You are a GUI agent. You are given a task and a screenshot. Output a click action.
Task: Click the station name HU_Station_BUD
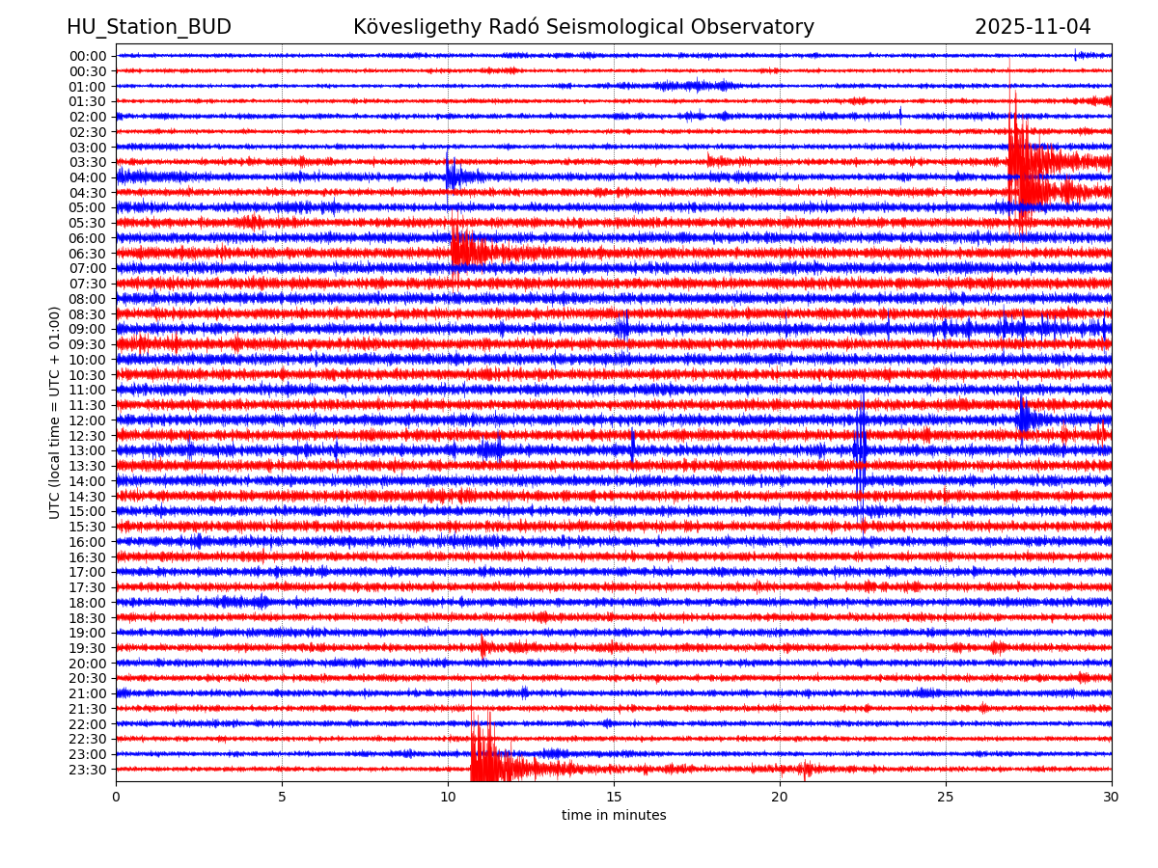coord(149,27)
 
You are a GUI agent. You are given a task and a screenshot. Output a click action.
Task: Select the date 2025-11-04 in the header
coord(1033,27)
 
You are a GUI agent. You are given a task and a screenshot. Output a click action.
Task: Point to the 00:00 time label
coord(88,56)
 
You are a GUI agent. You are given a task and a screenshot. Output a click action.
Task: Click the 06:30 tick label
coord(88,254)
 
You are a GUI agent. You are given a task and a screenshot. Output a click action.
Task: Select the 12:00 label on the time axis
coord(88,420)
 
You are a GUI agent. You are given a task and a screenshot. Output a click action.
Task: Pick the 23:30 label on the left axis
coord(88,770)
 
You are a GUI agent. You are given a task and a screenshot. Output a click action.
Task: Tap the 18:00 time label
coord(88,603)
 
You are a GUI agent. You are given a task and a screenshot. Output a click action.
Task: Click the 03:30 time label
coord(88,162)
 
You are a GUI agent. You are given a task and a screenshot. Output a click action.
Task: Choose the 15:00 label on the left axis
coord(88,511)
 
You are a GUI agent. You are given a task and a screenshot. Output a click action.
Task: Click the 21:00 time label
coord(88,693)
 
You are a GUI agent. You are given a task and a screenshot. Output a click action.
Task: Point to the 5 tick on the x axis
coord(282,798)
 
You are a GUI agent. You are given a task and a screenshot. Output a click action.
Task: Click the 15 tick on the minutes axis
coord(614,798)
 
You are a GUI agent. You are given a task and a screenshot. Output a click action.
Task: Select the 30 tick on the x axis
coord(1112,798)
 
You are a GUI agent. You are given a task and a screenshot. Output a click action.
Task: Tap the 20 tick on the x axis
coord(780,798)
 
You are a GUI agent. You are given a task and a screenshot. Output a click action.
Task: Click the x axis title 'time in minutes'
coord(614,816)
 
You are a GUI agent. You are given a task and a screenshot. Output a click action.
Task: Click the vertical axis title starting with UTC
coord(56,412)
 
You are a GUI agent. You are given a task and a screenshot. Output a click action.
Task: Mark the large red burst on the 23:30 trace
coord(482,762)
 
